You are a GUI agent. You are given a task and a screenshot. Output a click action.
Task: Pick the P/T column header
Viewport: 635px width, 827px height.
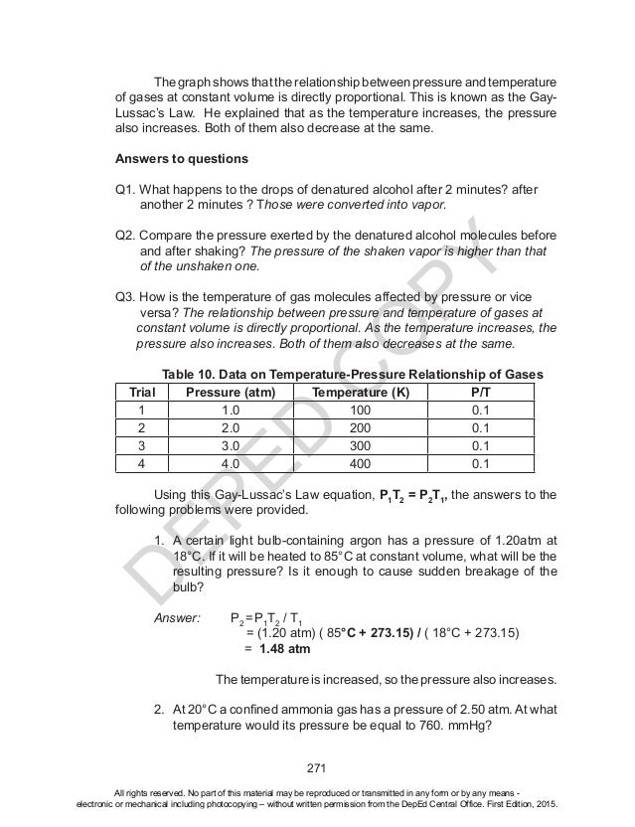tap(480, 393)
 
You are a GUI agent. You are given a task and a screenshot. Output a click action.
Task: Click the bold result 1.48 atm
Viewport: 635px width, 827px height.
tap(284, 649)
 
